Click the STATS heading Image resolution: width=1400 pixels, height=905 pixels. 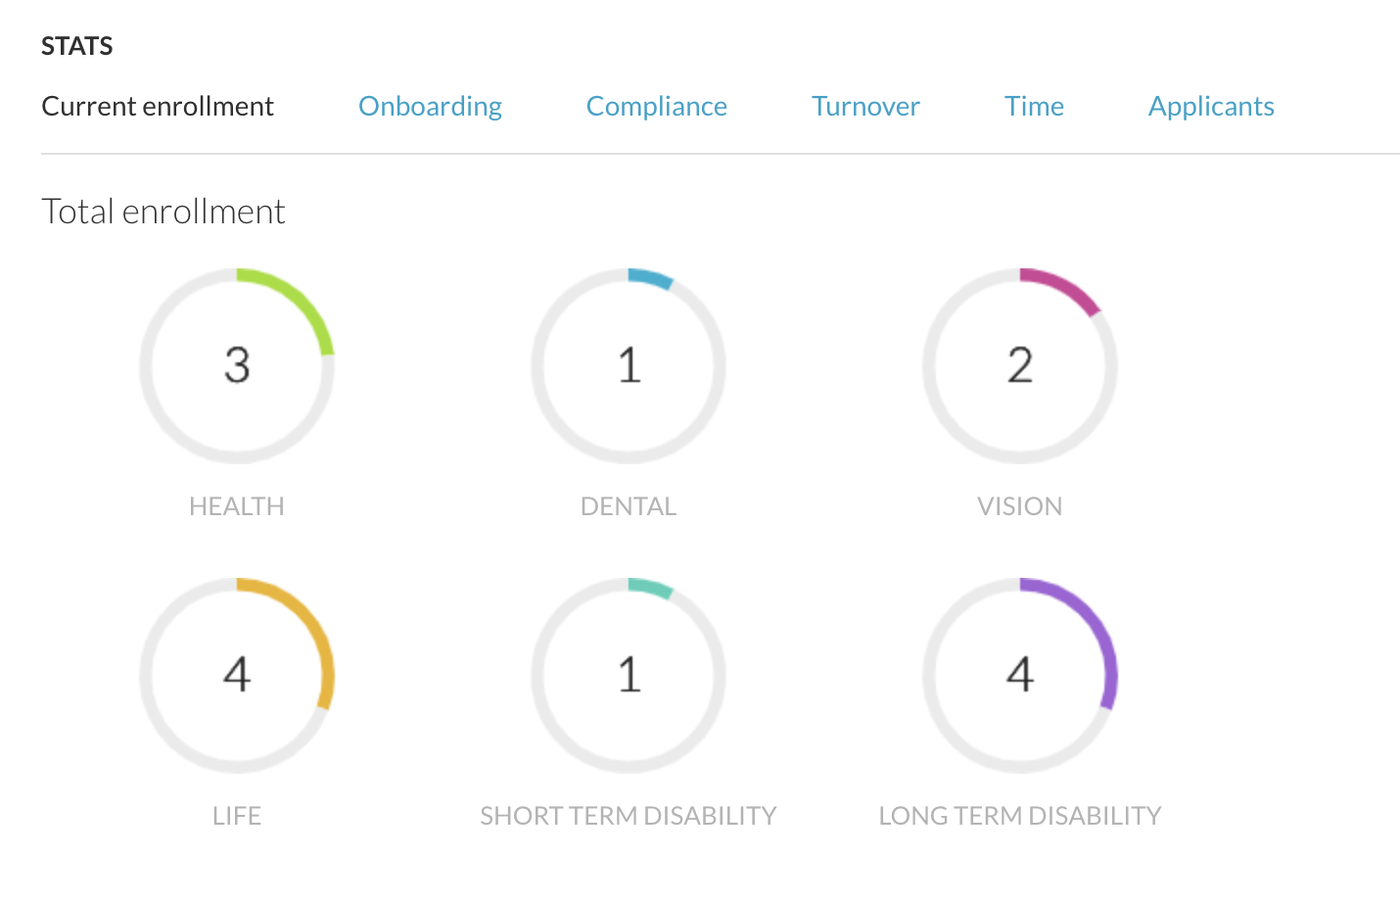(76, 46)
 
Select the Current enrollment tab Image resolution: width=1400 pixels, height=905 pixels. (158, 106)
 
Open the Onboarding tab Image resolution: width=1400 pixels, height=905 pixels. (430, 106)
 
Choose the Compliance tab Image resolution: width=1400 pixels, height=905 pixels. (656, 106)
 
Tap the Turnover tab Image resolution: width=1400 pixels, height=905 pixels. (865, 106)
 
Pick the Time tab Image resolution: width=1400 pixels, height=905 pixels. (1034, 106)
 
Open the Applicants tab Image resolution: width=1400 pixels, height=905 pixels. (1211, 106)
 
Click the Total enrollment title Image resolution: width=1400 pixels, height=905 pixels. (163, 212)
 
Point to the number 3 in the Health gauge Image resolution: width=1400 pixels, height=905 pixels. (237, 365)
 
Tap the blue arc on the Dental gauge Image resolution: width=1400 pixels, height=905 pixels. (651, 278)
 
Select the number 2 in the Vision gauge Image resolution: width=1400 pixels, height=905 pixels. (1020, 365)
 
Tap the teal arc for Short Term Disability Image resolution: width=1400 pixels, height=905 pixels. (651, 588)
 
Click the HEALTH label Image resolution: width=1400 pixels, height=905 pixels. (237, 506)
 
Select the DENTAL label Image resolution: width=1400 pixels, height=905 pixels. (629, 506)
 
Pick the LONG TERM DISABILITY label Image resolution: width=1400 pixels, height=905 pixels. (1020, 816)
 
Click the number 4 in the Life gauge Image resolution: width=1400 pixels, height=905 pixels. (237, 675)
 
